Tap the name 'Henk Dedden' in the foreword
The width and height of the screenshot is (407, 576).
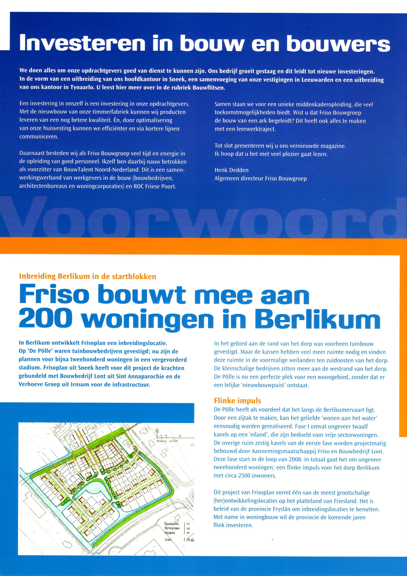[x=231, y=170]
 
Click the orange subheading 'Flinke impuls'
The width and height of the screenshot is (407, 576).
[x=237, y=401]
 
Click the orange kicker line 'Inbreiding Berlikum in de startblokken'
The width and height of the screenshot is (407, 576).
[x=87, y=276]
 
